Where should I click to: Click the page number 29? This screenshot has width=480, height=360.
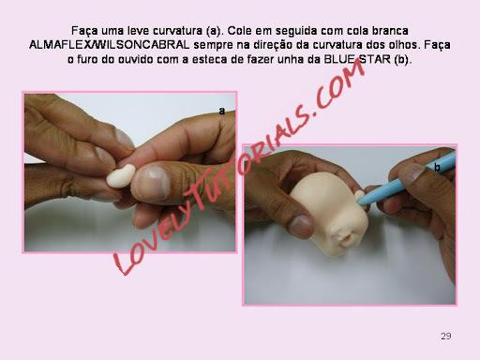click(x=446, y=336)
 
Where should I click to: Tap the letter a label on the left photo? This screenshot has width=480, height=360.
click(x=222, y=111)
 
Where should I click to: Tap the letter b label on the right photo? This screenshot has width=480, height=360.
click(x=437, y=168)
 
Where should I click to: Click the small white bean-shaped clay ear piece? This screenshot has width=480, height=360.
click(x=121, y=175)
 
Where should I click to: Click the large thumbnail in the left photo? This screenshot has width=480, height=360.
click(x=153, y=183)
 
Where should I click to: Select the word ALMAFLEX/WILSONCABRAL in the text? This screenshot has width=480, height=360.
click(x=110, y=45)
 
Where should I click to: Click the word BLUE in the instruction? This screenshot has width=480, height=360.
click(x=339, y=59)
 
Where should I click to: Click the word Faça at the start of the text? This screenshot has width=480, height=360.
click(x=84, y=31)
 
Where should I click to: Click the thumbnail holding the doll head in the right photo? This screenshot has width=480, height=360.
click(x=301, y=226)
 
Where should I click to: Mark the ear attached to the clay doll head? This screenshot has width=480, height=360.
click(x=359, y=196)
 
